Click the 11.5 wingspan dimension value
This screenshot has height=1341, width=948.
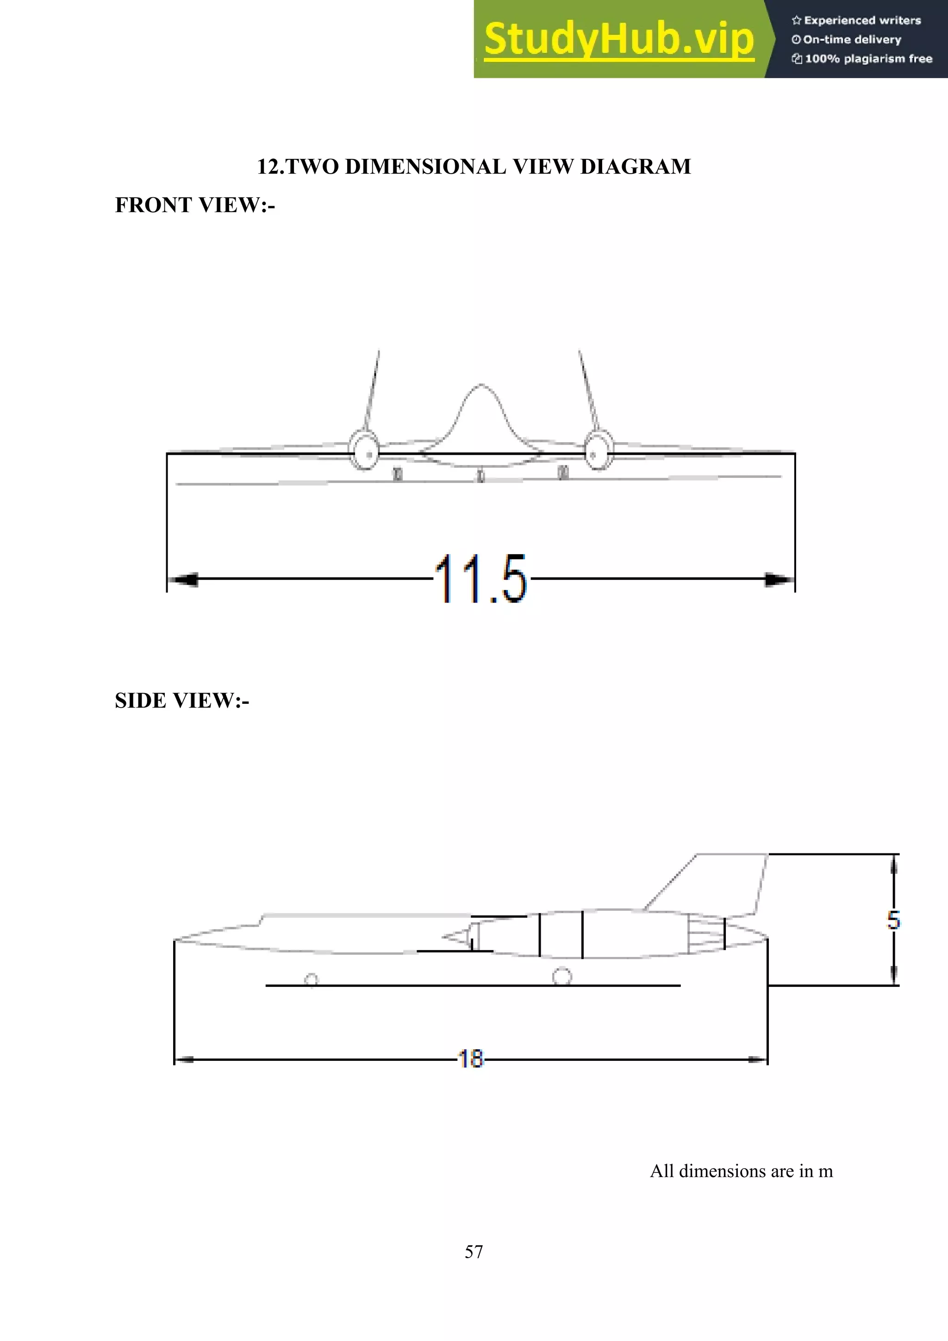tap(480, 579)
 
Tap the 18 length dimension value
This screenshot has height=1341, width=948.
tap(470, 1059)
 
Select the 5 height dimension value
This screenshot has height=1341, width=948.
tap(893, 921)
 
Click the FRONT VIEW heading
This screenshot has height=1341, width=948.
tap(194, 205)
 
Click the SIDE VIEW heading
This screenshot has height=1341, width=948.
tap(181, 700)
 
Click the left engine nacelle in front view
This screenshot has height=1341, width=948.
tap(365, 450)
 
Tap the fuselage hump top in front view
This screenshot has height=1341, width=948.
tap(480, 387)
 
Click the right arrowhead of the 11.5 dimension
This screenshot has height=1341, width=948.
tap(779, 579)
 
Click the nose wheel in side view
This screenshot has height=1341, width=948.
tap(311, 979)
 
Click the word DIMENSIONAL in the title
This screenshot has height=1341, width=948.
tap(428, 166)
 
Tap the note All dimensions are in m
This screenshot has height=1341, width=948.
tap(742, 1171)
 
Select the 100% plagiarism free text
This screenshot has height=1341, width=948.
tap(867, 58)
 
